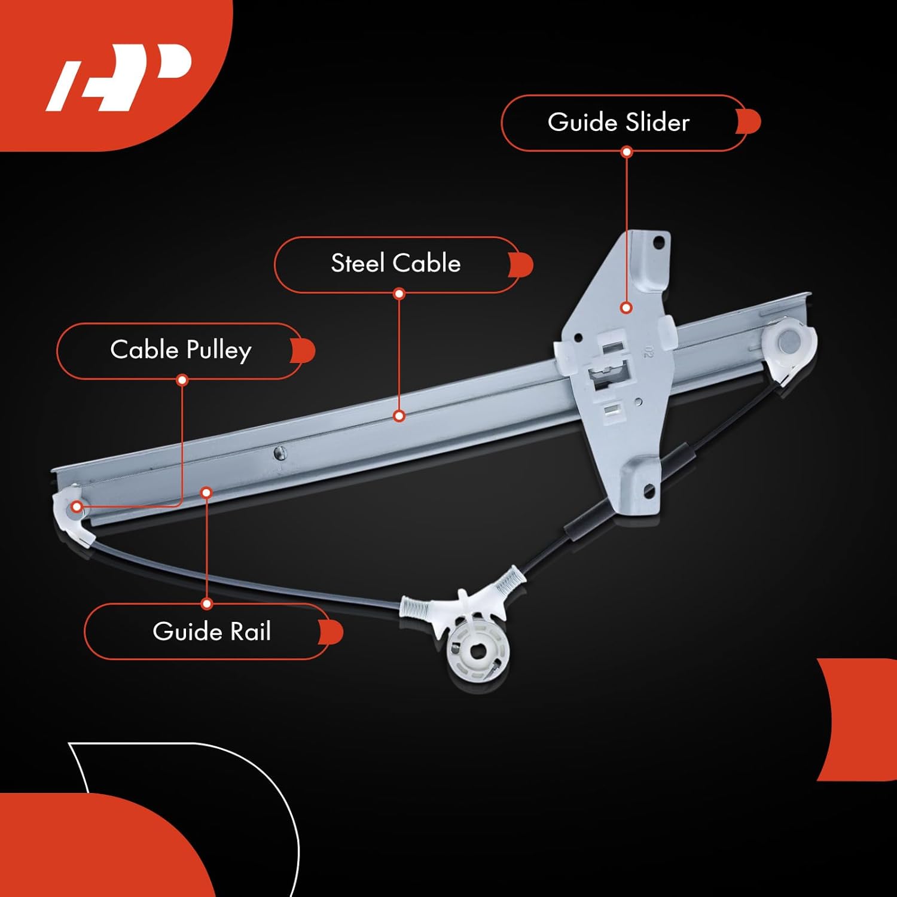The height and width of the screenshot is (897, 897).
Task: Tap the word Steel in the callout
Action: [x=358, y=264]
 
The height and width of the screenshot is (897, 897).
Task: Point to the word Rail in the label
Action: [x=251, y=631]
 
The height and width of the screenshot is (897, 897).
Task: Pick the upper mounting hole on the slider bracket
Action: [x=658, y=243]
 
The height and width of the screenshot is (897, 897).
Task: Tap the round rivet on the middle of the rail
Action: [x=279, y=453]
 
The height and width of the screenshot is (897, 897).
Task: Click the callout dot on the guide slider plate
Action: [x=626, y=308]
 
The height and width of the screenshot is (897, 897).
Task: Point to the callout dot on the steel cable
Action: [x=399, y=416]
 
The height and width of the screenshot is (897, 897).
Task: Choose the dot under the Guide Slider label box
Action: [x=627, y=152]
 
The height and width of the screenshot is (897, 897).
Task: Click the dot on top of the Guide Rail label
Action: [x=207, y=604]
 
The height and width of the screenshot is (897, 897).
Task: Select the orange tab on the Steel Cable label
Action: [x=521, y=265]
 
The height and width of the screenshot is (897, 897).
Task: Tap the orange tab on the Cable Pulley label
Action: [x=304, y=351]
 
